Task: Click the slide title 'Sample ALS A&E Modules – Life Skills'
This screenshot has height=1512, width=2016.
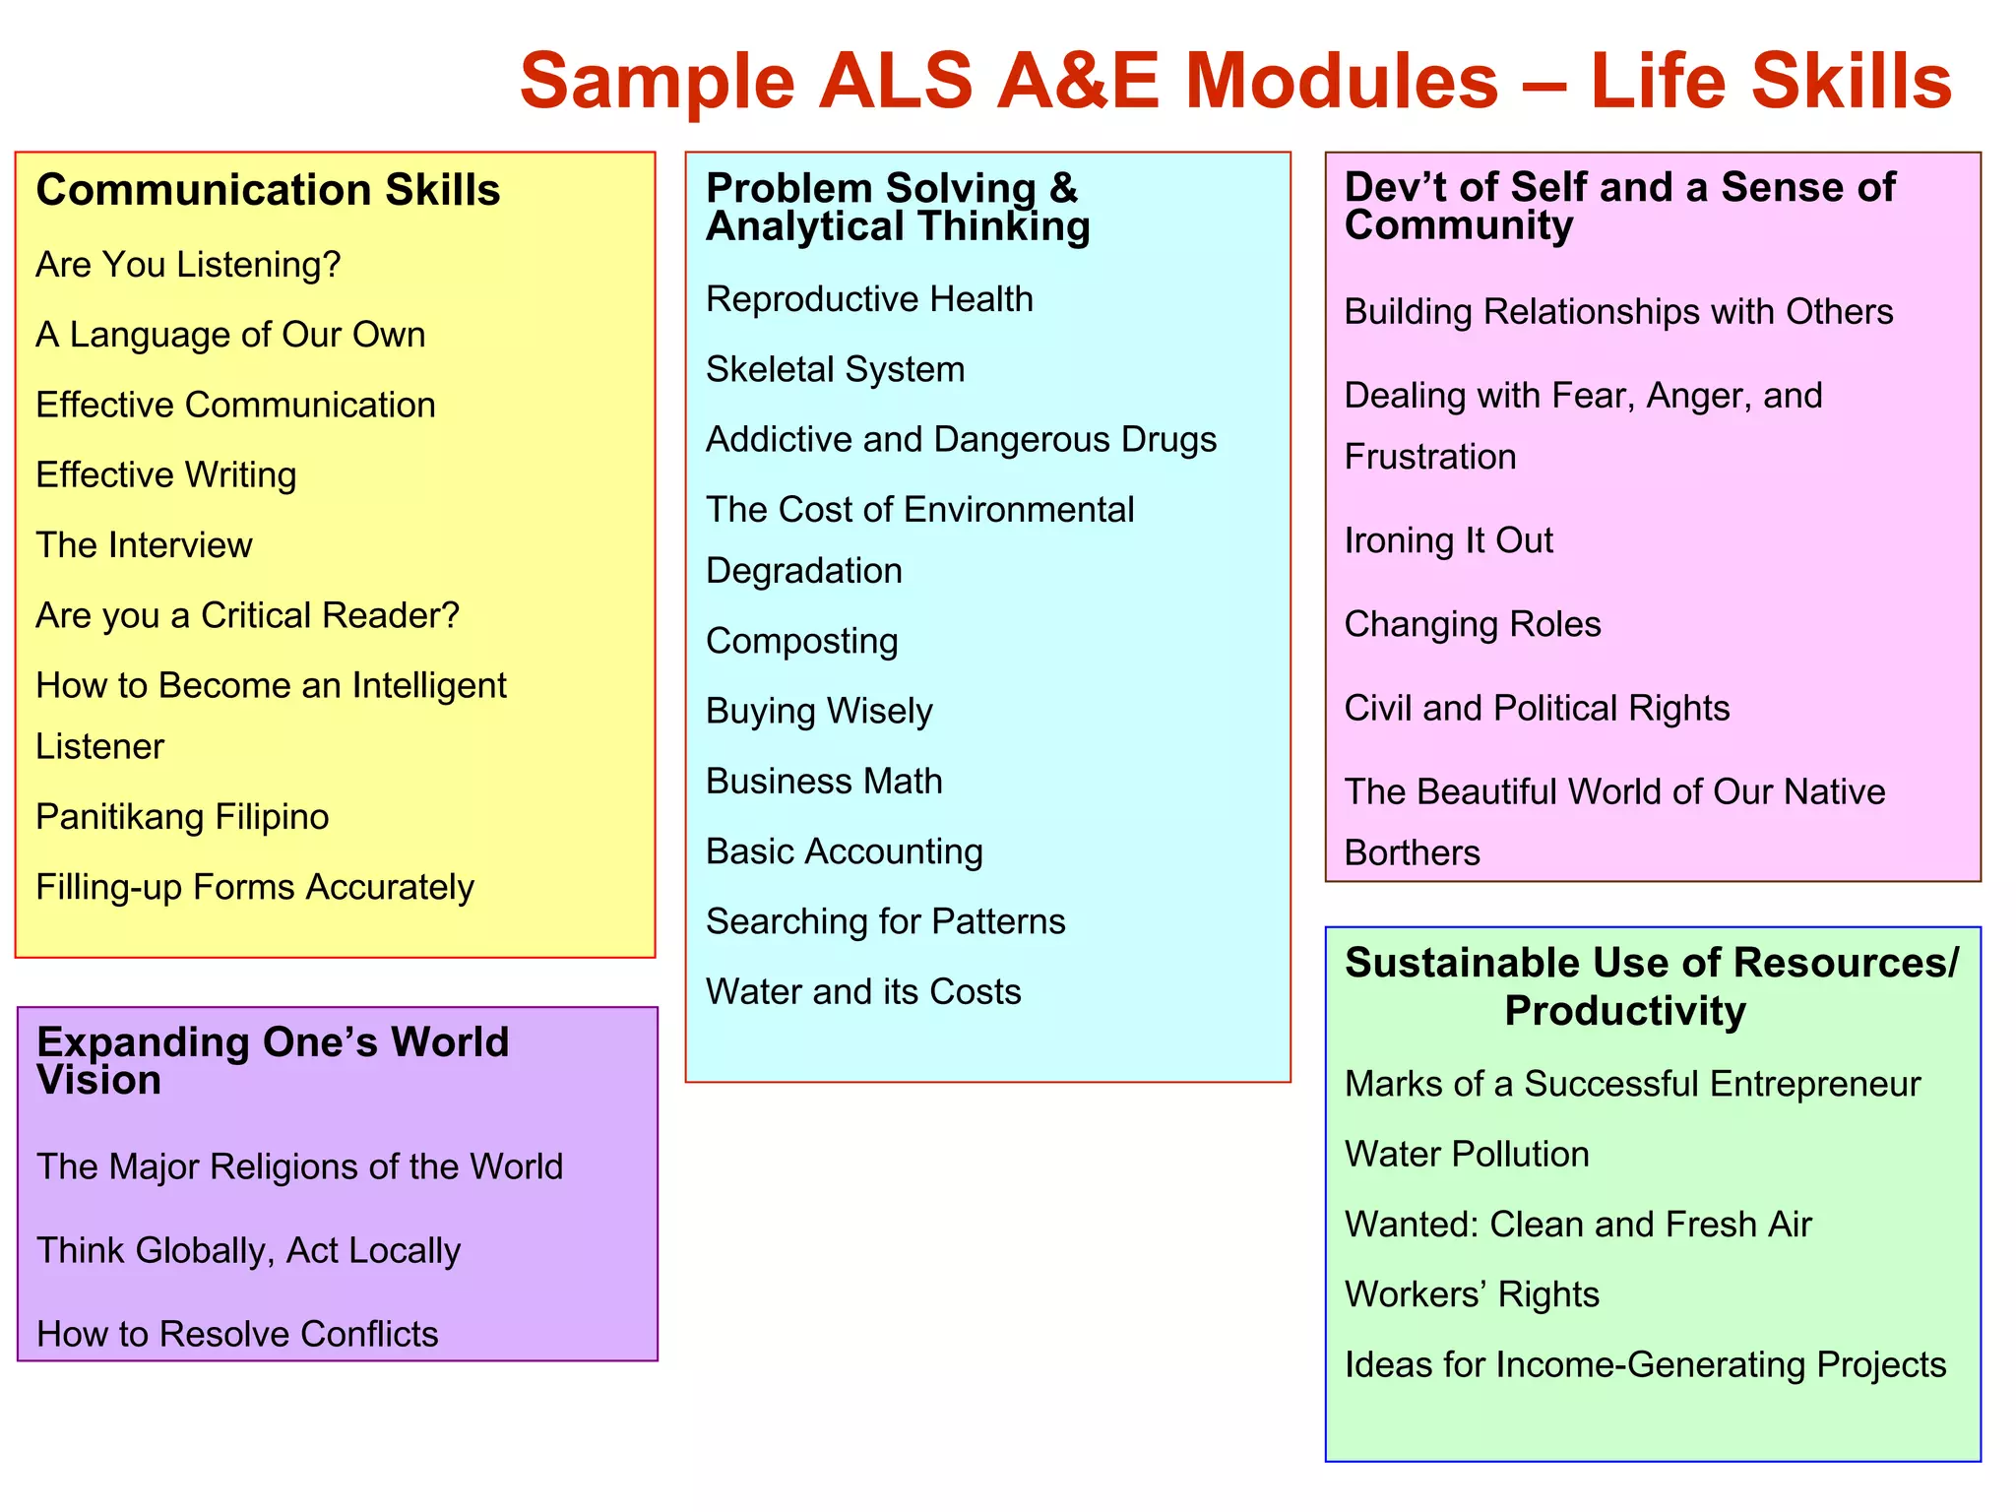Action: click(x=1235, y=81)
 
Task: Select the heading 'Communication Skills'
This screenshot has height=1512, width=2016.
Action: click(x=268, y=190)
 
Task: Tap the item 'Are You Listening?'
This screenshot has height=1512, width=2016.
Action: click(x=188, y=265)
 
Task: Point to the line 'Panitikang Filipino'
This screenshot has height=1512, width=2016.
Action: click(x=182, y=817)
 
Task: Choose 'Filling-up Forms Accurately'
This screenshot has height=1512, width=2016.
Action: click(x=255, y=887)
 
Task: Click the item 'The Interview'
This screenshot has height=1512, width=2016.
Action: click(x=144, y=545)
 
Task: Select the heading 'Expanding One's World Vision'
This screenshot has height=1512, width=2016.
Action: click(x=273, y=1060)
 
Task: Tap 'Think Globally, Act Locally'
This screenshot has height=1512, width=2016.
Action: click(x=248, y=1250)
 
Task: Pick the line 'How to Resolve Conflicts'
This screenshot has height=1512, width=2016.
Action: click(x=237, y=1334)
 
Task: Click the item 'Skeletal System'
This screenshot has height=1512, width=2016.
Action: click(x=835, y=369)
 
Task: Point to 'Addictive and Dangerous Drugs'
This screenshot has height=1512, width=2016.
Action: click(x=961, y=439)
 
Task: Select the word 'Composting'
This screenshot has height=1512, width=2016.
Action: click(x=801, y=641)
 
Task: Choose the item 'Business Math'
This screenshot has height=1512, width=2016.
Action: click(x=824, y=781)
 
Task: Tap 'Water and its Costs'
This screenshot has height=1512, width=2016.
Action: click(x=863, y=991)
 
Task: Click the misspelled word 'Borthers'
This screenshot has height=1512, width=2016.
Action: click(x=1412, y=852)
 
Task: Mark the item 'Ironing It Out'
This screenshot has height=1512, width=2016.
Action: click(x=1448, y=540)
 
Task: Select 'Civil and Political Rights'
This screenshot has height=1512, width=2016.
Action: click(x=1537, y=708)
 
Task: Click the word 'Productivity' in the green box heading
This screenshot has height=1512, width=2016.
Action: click(x=1625, y=1012)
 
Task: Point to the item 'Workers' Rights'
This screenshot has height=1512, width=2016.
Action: click(x=1472, y=1294)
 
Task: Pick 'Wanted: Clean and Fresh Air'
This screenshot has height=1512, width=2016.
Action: click(x=1578, y=1225)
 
